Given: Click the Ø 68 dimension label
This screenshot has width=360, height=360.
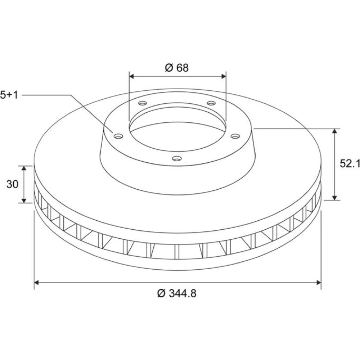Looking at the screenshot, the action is [x=176, y=68].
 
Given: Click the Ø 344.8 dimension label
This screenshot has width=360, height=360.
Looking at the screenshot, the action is [x=177, y=293].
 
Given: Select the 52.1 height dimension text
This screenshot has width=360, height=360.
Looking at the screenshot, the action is [x=350, y=163].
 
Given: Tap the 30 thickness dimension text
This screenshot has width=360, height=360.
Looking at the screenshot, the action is [x=12, y=184].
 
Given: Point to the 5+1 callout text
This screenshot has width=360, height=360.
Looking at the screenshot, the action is [x=9, y=95].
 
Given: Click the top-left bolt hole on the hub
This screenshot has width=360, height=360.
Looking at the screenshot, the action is [x=143, y=103].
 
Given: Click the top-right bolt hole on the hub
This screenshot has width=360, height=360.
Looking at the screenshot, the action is [x=211, y=103].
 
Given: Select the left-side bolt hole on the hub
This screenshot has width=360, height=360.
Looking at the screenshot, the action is [x=118, y=136].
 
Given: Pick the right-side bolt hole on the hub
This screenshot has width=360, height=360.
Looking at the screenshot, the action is [x=235, y=136].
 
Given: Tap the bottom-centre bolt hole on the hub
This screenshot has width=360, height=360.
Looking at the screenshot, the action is [x=177, y=158].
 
